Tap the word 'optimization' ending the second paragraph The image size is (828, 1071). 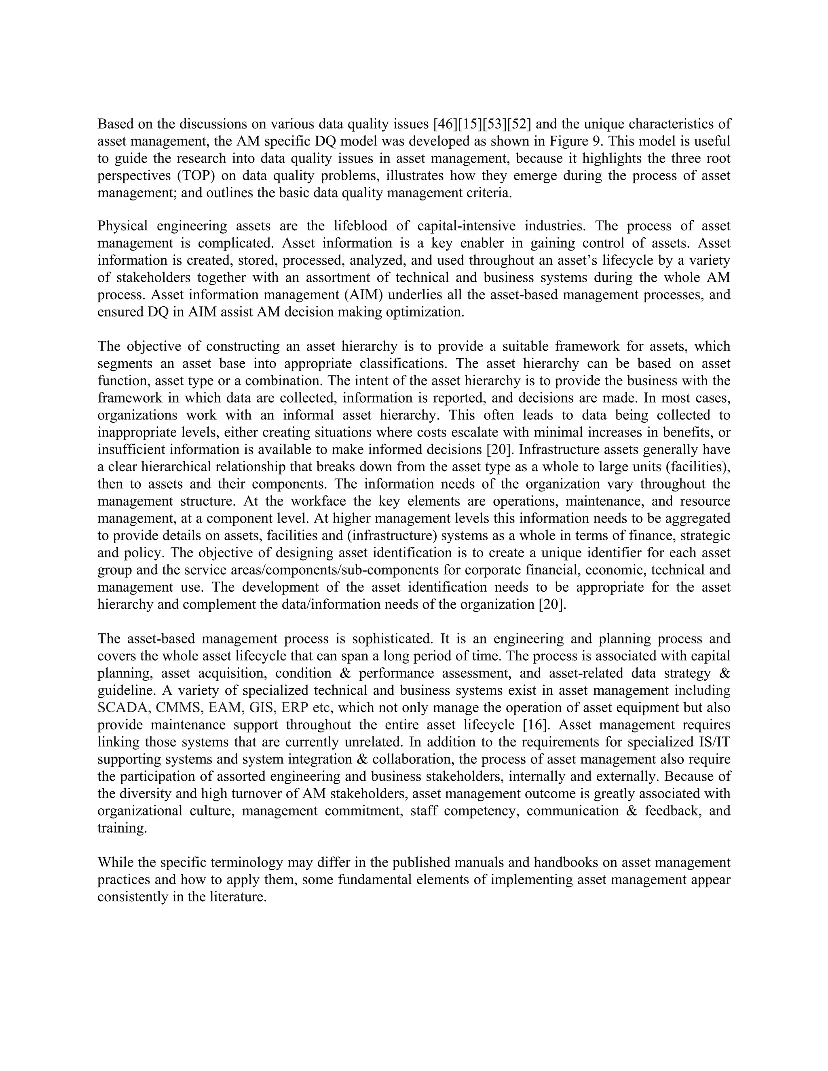coord(424,312)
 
